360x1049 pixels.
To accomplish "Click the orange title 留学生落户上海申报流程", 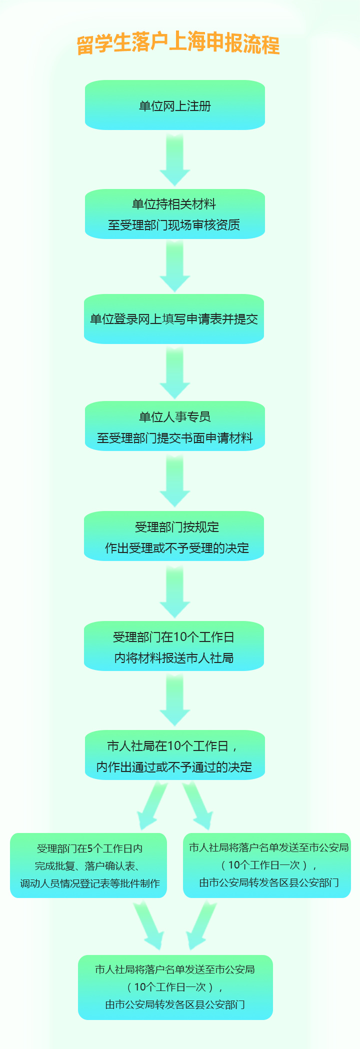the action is pos(178,43).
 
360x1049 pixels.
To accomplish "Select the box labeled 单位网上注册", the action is pos(175,105).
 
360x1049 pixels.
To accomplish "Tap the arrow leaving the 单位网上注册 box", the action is pos(175,159).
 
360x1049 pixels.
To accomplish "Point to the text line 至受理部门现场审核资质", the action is pos(174,225).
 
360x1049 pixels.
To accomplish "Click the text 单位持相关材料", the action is pos(174,204).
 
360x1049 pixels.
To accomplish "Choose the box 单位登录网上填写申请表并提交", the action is pos(174,319).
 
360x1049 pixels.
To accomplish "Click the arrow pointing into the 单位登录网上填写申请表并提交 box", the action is pos(175,266).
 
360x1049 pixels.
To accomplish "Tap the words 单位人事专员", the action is pos(175,417).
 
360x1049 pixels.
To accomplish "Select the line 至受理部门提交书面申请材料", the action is pos(175,438).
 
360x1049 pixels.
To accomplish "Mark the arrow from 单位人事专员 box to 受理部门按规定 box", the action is pos(175,480).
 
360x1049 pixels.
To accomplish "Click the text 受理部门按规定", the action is pos(177,527).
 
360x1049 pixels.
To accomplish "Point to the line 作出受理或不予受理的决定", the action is pos(177,548).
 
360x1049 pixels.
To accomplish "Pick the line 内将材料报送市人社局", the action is pos(174,658).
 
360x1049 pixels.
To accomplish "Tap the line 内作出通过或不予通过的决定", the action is pos(174,767).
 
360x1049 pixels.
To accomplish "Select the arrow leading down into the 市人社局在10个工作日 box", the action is pos(175,699).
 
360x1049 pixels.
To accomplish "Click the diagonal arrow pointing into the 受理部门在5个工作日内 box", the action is pos(152,805).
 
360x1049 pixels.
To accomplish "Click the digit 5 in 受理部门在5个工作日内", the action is pos(90,848).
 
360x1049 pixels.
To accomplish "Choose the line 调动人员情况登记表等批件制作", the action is pos(90,883).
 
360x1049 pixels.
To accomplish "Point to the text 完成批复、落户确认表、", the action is pos(88,866).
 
